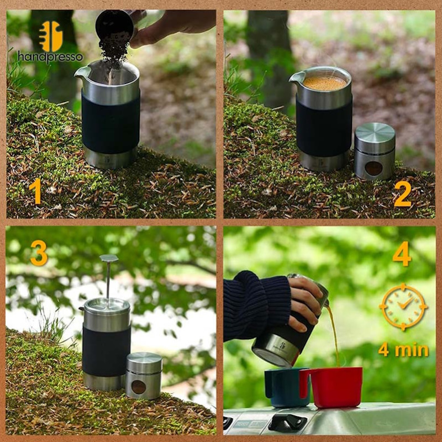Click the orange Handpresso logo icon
click(x=51, y=36)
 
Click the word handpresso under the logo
click(x=50, y=57)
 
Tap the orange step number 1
click(x=36, y=191)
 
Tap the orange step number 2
click(x=403, y=194)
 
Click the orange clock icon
click(x=403, y=307)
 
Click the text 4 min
click(x=403, y=350)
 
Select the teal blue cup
click(x=285, y=387)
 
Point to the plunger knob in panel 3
click(x=109, y=258)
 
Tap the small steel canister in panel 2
click(x=375, y=151)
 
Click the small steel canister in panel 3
click(x=144, y=376)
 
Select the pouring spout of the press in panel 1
click(x=81, y=74)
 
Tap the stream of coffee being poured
click(x=334, y=335)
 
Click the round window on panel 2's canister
click(x=373, y=169)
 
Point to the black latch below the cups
click(x=287, y=422)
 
